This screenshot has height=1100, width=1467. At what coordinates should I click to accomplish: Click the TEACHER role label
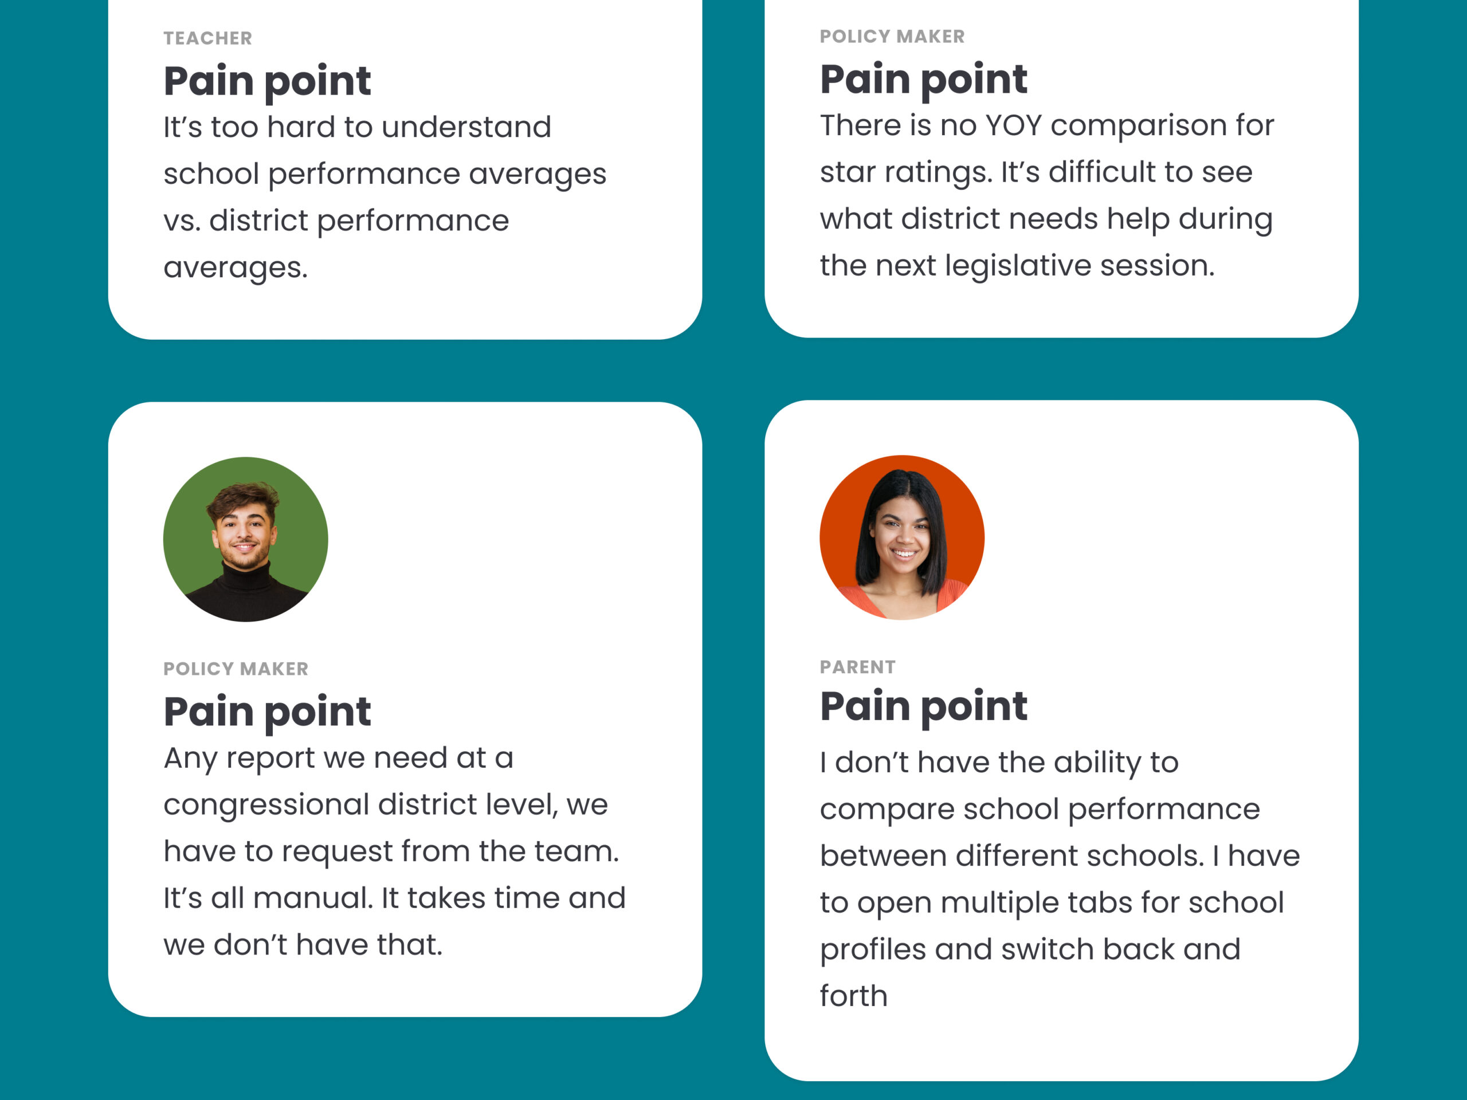pyautogui.click(x=207, y=38)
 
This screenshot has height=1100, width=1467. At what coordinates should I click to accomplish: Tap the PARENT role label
pyautogui.click(x=857, y=667)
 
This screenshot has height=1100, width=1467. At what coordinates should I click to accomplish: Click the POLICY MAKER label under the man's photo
pyautogui.click(x=236, y=669)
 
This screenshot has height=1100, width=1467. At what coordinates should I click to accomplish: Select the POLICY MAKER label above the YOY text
pyautogui.click(x=892, y=37)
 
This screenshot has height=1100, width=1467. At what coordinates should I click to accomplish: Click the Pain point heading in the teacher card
pyautogui.click(x=266, y=81)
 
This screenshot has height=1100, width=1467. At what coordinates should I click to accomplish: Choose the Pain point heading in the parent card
pyautogui.click(x=923, y=706)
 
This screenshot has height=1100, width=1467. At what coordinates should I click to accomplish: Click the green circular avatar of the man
pyautogui.click(x=245, y=539)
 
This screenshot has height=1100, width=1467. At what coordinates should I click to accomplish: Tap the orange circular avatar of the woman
pyautogui.click(x=901, y=537)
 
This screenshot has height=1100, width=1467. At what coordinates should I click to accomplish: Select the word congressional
pyautogui.click(x=266, y=805)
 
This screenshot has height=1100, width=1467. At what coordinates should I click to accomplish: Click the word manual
pyautogui.click(x=312, y=898)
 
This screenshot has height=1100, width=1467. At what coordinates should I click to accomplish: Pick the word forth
pyautogui.click(x=853, y=996)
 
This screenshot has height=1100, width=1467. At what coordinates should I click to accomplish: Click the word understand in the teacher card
pyautogui.click(x=466, y=127)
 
